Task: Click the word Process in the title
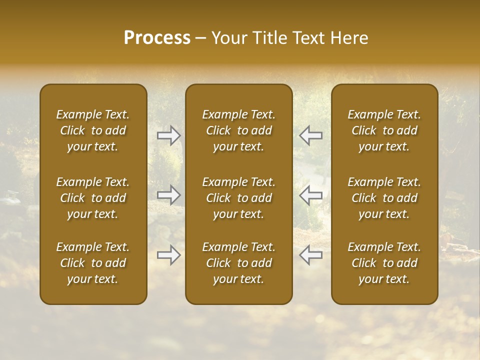click(x=157, y=38)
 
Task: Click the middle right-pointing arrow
click(x=169, y=195)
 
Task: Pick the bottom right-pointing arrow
click(x=169, y=255)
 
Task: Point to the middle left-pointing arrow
click(x=310, y=195)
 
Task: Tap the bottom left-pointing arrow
click(x=310, y=255)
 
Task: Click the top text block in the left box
click(x=93, y=130)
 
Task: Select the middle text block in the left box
click(x=93, y=198)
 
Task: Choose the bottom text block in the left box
click(x=93, y=263)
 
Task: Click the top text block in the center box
click(x=238, y=130)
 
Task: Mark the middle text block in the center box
click(x=238, y=198)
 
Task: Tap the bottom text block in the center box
click(x=238, y=263)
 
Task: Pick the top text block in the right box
click(x=384, y=130)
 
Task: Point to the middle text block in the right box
click(x=384, y=198)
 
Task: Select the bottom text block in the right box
click(x=384, y=263)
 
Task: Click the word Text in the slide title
click(x=306, y=38)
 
